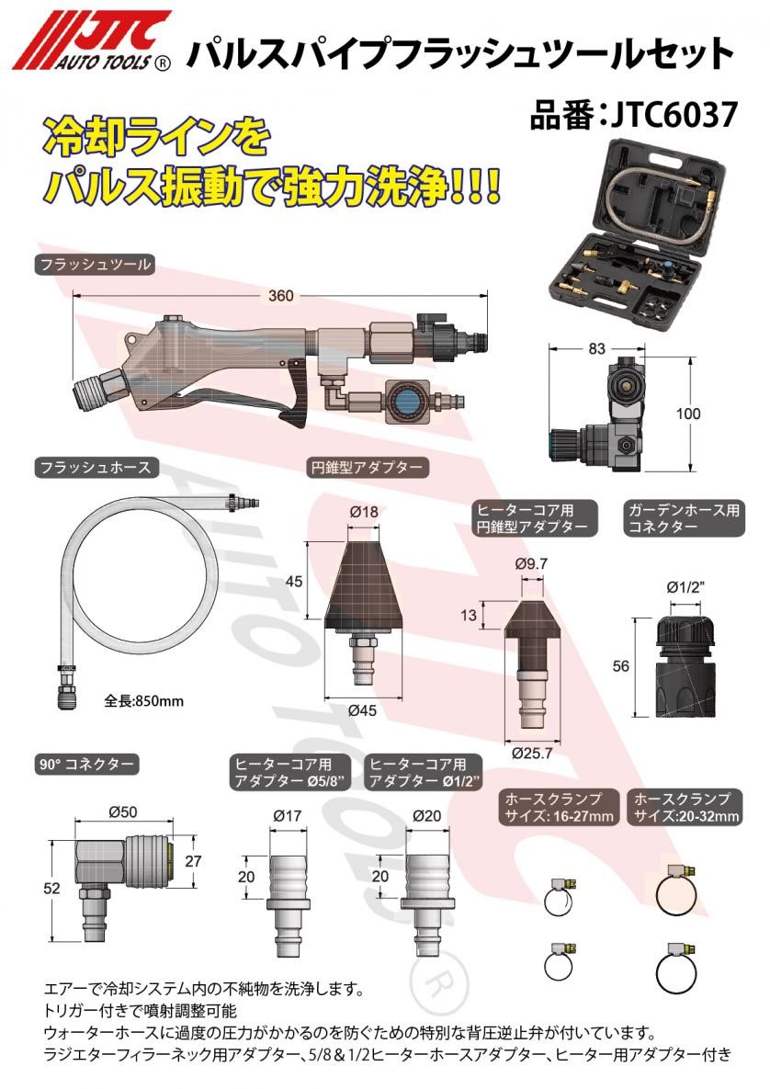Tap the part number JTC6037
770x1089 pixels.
633,118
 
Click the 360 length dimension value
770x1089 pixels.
281,296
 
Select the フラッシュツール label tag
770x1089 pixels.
94,265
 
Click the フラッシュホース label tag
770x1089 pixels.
94,468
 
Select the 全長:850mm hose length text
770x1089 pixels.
144,701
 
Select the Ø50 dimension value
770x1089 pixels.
122,811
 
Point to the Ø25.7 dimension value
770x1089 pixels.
530,753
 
